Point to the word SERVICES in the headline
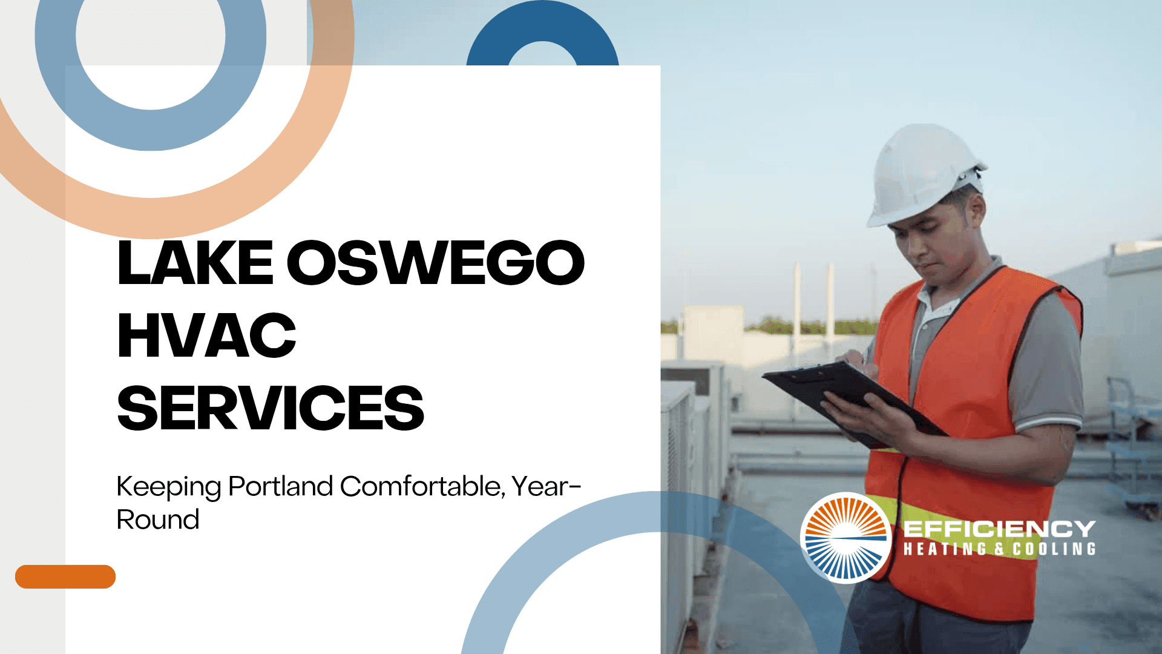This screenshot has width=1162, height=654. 271,408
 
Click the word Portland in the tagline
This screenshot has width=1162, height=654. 281,486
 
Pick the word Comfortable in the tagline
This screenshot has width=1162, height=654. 422,486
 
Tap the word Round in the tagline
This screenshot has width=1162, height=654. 157,520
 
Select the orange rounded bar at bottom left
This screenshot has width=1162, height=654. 65,576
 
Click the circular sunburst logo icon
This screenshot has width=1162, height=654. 845,538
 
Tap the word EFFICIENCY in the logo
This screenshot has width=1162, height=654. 999,529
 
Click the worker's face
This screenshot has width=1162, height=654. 938,242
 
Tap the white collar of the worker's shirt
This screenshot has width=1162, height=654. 935,303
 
